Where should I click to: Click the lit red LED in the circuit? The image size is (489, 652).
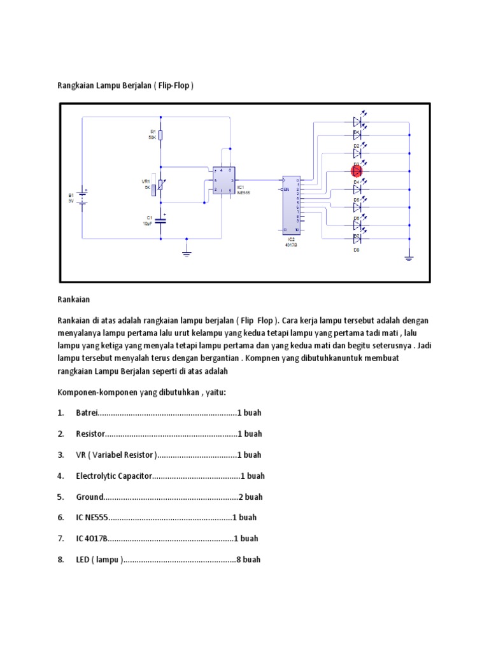(357, 171)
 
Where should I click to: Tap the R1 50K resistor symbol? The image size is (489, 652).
(161, 135)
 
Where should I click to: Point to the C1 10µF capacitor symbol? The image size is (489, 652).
(161, 221)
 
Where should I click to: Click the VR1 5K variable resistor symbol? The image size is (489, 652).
(161, 185)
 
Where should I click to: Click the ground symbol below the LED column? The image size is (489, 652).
(409, 257)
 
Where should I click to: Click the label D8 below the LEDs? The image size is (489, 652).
(357, 250)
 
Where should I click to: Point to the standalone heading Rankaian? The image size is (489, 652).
(74, 298)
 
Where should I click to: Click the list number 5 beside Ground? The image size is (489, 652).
(60, 497)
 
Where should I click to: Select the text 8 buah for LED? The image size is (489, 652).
(248, 560)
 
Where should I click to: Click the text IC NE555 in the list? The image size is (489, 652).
(92, 518)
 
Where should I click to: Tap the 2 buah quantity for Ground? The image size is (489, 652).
(250, 497)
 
